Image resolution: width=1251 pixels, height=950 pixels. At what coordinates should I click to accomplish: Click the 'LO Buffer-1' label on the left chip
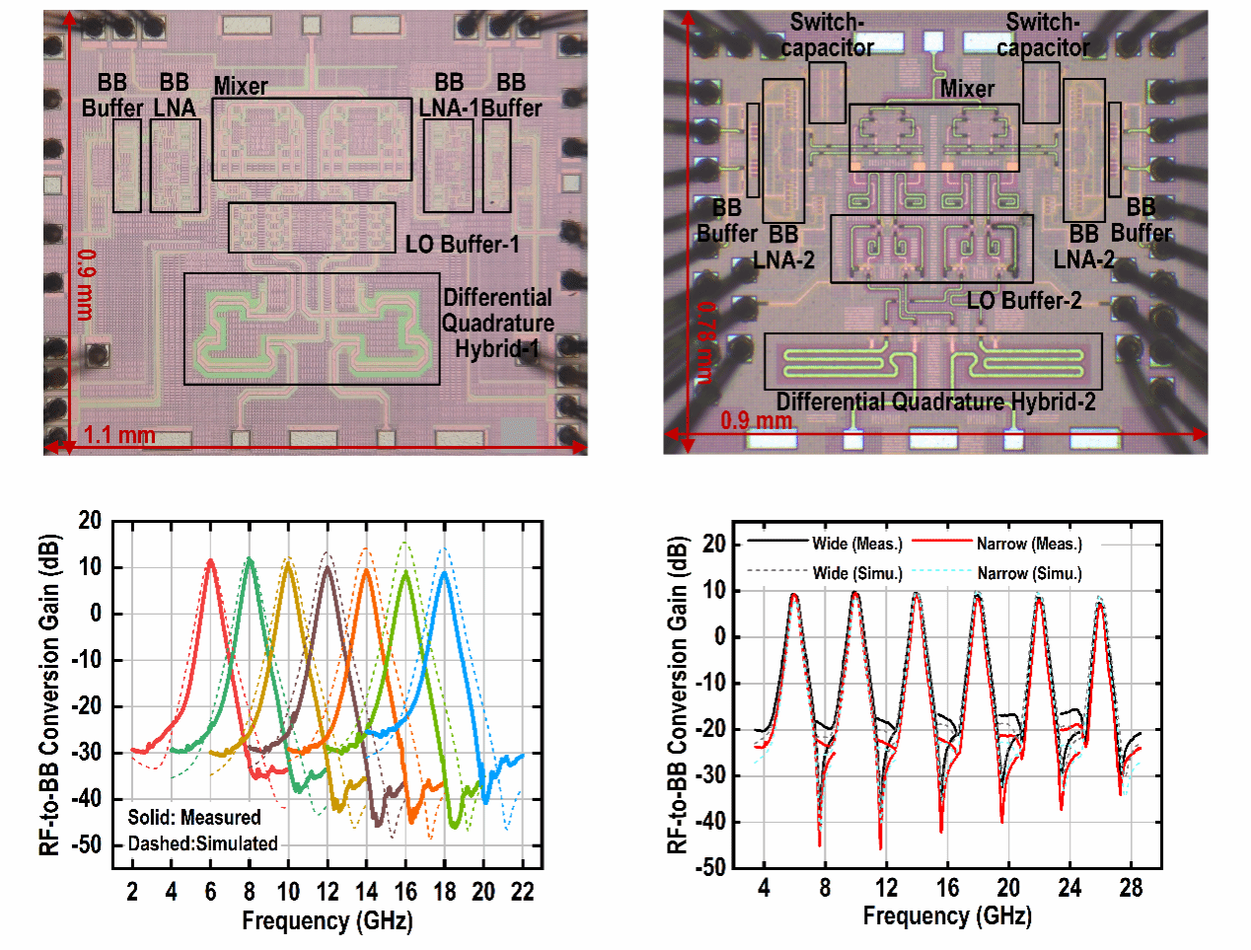(462, 244)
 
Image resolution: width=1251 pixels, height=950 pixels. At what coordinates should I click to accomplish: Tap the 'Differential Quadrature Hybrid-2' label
(935, 402)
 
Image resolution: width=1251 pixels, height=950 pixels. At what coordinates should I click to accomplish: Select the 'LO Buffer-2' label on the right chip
(1024, 300)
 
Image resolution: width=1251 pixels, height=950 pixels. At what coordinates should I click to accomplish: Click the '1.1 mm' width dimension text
(119, 434)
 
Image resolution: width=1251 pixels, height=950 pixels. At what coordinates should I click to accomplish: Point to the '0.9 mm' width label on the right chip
(757, 420)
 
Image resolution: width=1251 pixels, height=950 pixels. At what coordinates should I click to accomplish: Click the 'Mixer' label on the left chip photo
(241, 86)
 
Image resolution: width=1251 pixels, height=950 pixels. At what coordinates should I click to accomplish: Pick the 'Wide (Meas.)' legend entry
(856, 544)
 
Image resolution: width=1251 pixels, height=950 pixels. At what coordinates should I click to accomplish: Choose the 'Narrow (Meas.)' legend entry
(1029, 544)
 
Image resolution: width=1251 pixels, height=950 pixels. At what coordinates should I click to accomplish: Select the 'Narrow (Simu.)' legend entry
(1029, 573)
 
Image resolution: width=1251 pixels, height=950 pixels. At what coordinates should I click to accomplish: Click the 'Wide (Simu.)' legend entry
(856, 573)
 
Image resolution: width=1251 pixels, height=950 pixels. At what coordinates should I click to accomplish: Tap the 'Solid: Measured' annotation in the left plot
(194, 817)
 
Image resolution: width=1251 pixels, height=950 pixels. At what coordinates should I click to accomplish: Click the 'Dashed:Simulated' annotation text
(203, 843)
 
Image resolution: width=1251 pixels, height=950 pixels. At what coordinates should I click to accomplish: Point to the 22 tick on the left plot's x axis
(522, 892)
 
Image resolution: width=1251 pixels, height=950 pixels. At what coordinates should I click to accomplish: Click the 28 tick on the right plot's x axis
(1131, 888)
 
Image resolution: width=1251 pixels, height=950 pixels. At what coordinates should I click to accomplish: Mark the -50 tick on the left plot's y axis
(89, 844)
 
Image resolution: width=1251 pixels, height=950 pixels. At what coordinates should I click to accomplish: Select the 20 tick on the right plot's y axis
(713, 544)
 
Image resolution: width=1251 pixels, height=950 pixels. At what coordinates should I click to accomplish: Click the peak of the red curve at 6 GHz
(210, 560)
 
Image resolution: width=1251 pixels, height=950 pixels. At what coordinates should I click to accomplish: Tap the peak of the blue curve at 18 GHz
(445, 572)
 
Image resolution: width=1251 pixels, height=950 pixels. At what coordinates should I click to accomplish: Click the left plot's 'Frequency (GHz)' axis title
(327, 920)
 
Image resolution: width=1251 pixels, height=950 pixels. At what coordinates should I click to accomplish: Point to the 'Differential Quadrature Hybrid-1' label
(497, 323)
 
